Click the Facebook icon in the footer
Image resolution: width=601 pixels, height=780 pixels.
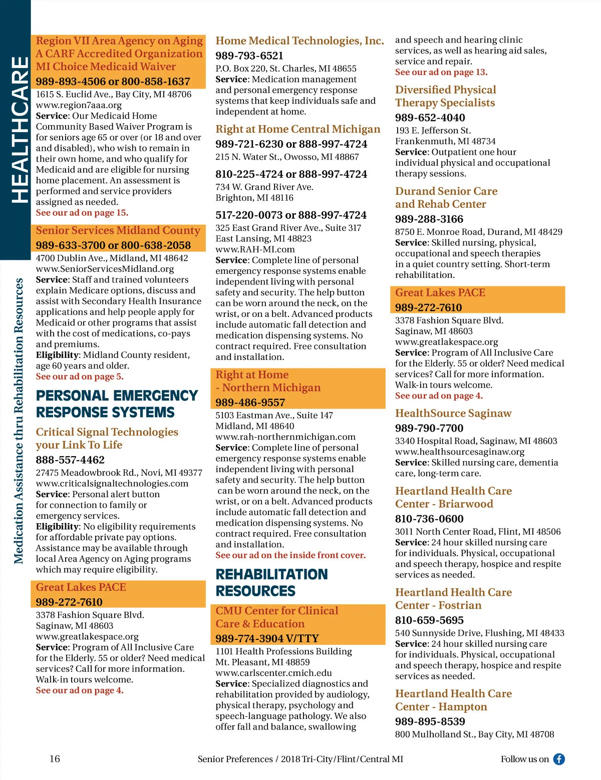point(559,759)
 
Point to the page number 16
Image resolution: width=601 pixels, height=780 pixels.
point(55,758)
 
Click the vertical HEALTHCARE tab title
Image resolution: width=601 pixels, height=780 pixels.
point(20,130)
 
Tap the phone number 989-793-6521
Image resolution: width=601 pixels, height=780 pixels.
point(249,56)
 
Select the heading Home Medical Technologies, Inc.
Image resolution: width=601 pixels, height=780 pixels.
point(299,41)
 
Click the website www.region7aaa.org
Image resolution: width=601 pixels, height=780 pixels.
point(79,105)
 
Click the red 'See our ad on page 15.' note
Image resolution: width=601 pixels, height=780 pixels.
point(82,213)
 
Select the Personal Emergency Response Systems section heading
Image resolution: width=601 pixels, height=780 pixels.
point(117,404)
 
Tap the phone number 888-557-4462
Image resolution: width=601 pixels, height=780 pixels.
point(70,460)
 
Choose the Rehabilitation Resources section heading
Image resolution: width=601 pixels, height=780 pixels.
point(271,582)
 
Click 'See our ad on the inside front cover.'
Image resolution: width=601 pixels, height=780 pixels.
point(290,555)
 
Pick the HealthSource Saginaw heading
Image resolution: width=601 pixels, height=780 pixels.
point(453,413)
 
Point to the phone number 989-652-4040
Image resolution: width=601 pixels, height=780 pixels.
point(430,118)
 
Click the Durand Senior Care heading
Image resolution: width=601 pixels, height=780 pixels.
point(446,197)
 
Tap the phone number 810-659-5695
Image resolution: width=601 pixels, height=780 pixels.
point(429,620)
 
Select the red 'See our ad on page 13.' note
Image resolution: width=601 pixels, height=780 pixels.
point(441,72)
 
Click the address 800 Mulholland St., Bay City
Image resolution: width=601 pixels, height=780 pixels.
point(474,734)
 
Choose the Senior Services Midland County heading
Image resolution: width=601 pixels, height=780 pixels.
point(118,230)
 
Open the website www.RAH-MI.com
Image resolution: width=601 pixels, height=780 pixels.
point(255,249)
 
